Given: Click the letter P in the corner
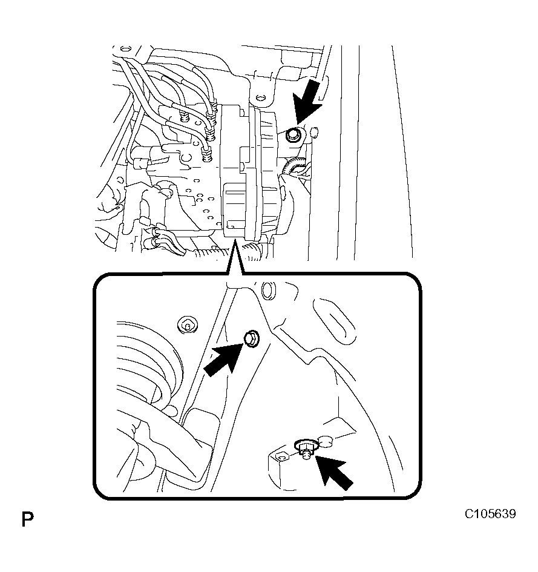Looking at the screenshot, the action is [28, 519].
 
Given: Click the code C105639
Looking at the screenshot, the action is [490, 514].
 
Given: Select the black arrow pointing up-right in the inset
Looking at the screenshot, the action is [223, 360].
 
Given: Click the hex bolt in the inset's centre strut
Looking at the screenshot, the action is [252, 338].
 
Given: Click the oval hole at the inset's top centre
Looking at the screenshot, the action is [269, 291].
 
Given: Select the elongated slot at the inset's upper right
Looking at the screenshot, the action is [333, 320].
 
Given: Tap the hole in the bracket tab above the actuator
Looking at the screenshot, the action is [260, 98].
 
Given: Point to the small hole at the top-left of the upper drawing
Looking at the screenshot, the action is [125, 48].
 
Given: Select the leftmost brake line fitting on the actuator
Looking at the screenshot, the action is [184, 117].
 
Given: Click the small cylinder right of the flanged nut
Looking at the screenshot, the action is [326, 441].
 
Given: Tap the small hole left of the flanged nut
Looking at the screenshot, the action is [281, 458].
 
